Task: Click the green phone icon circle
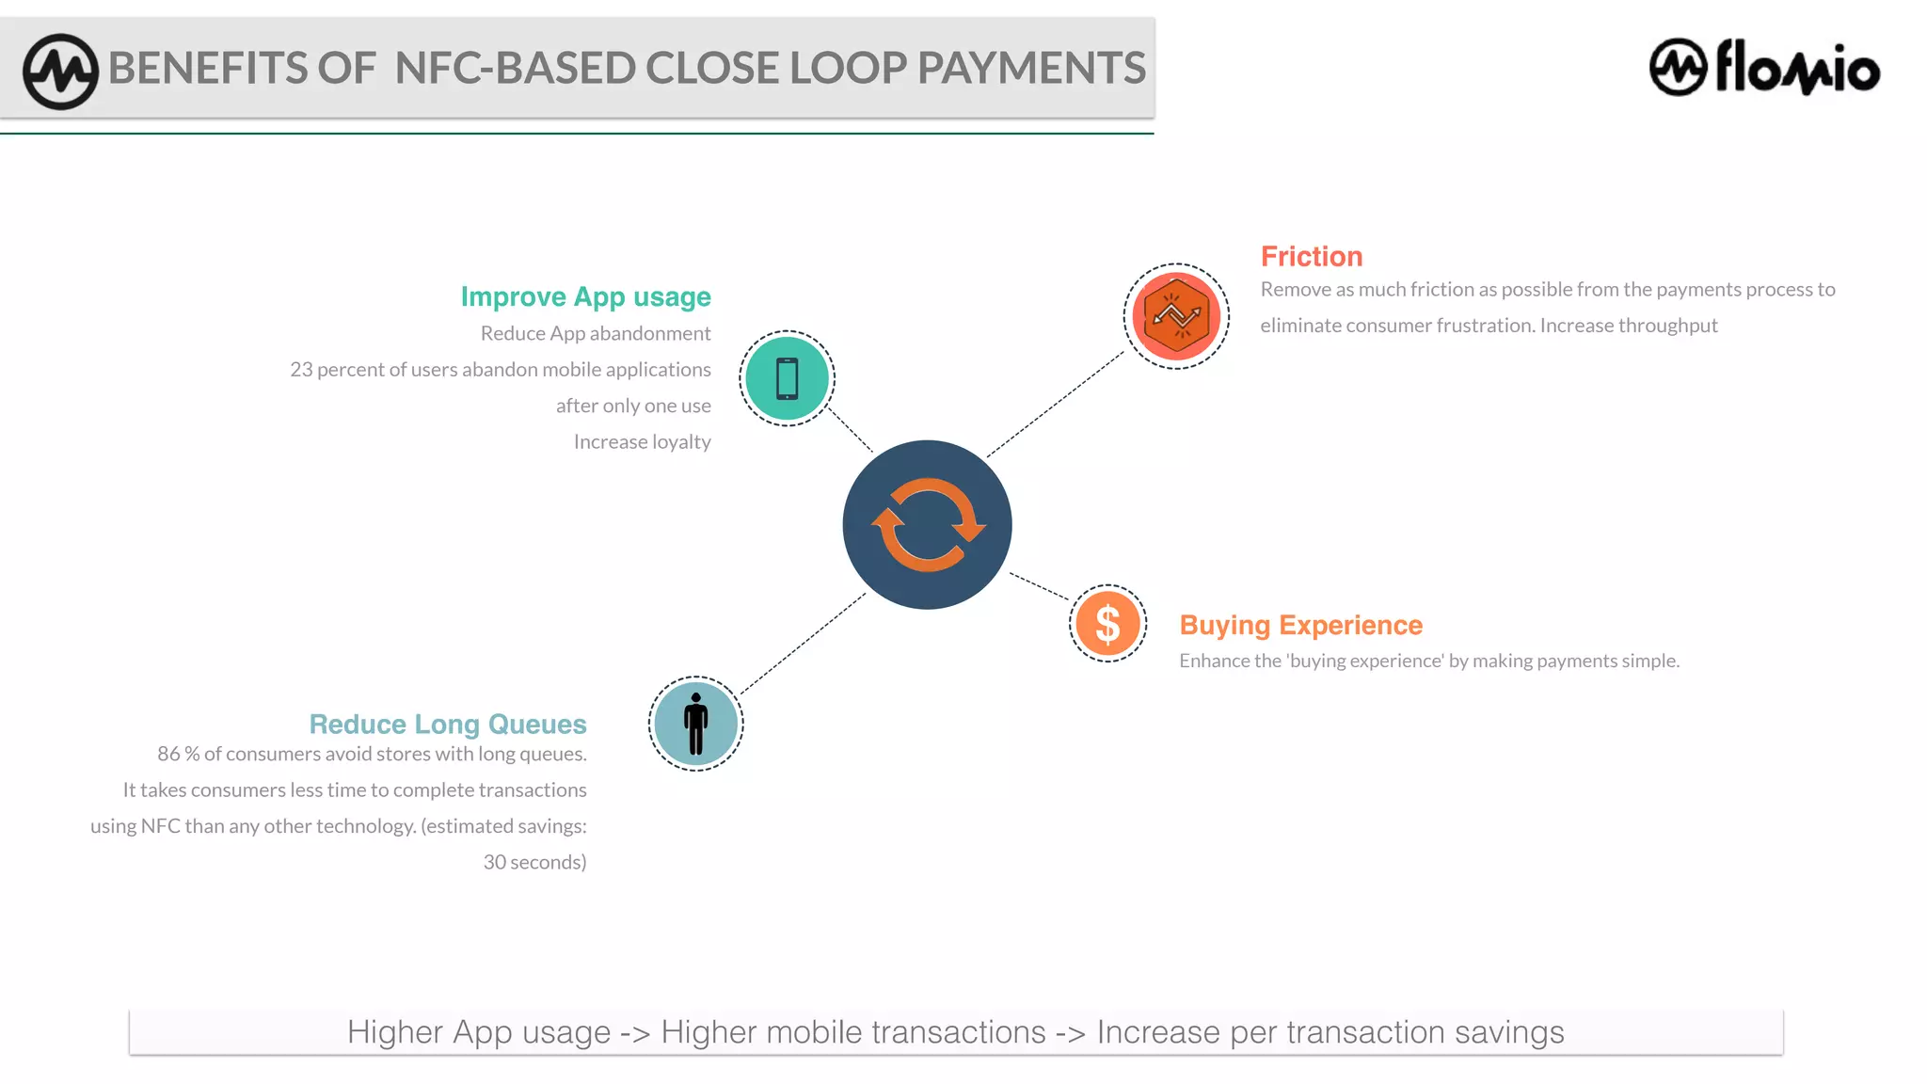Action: [787, 378]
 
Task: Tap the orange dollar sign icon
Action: [1107, 623]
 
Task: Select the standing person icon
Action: [695, 724]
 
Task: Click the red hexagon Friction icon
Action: [1176, 316]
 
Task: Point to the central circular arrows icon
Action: [927, 524]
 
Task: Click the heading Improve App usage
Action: [585, 296]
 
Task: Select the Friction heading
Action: [1311, 256]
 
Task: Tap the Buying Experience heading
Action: [1300, 625]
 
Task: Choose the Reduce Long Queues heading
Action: [448, 724]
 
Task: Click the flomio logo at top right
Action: [1764, 68]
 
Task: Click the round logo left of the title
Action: [60, 71]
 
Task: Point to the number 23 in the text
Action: [301, 370]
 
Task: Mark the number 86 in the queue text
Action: [168, 754]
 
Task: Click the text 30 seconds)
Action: [534, 862]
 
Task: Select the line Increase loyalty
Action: [642, 441]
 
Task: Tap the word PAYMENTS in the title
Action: [1031, 68]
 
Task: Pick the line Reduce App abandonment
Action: [596, 333]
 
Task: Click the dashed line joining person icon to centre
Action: [803, 645]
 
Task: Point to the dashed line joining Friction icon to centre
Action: [1056, 405]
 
